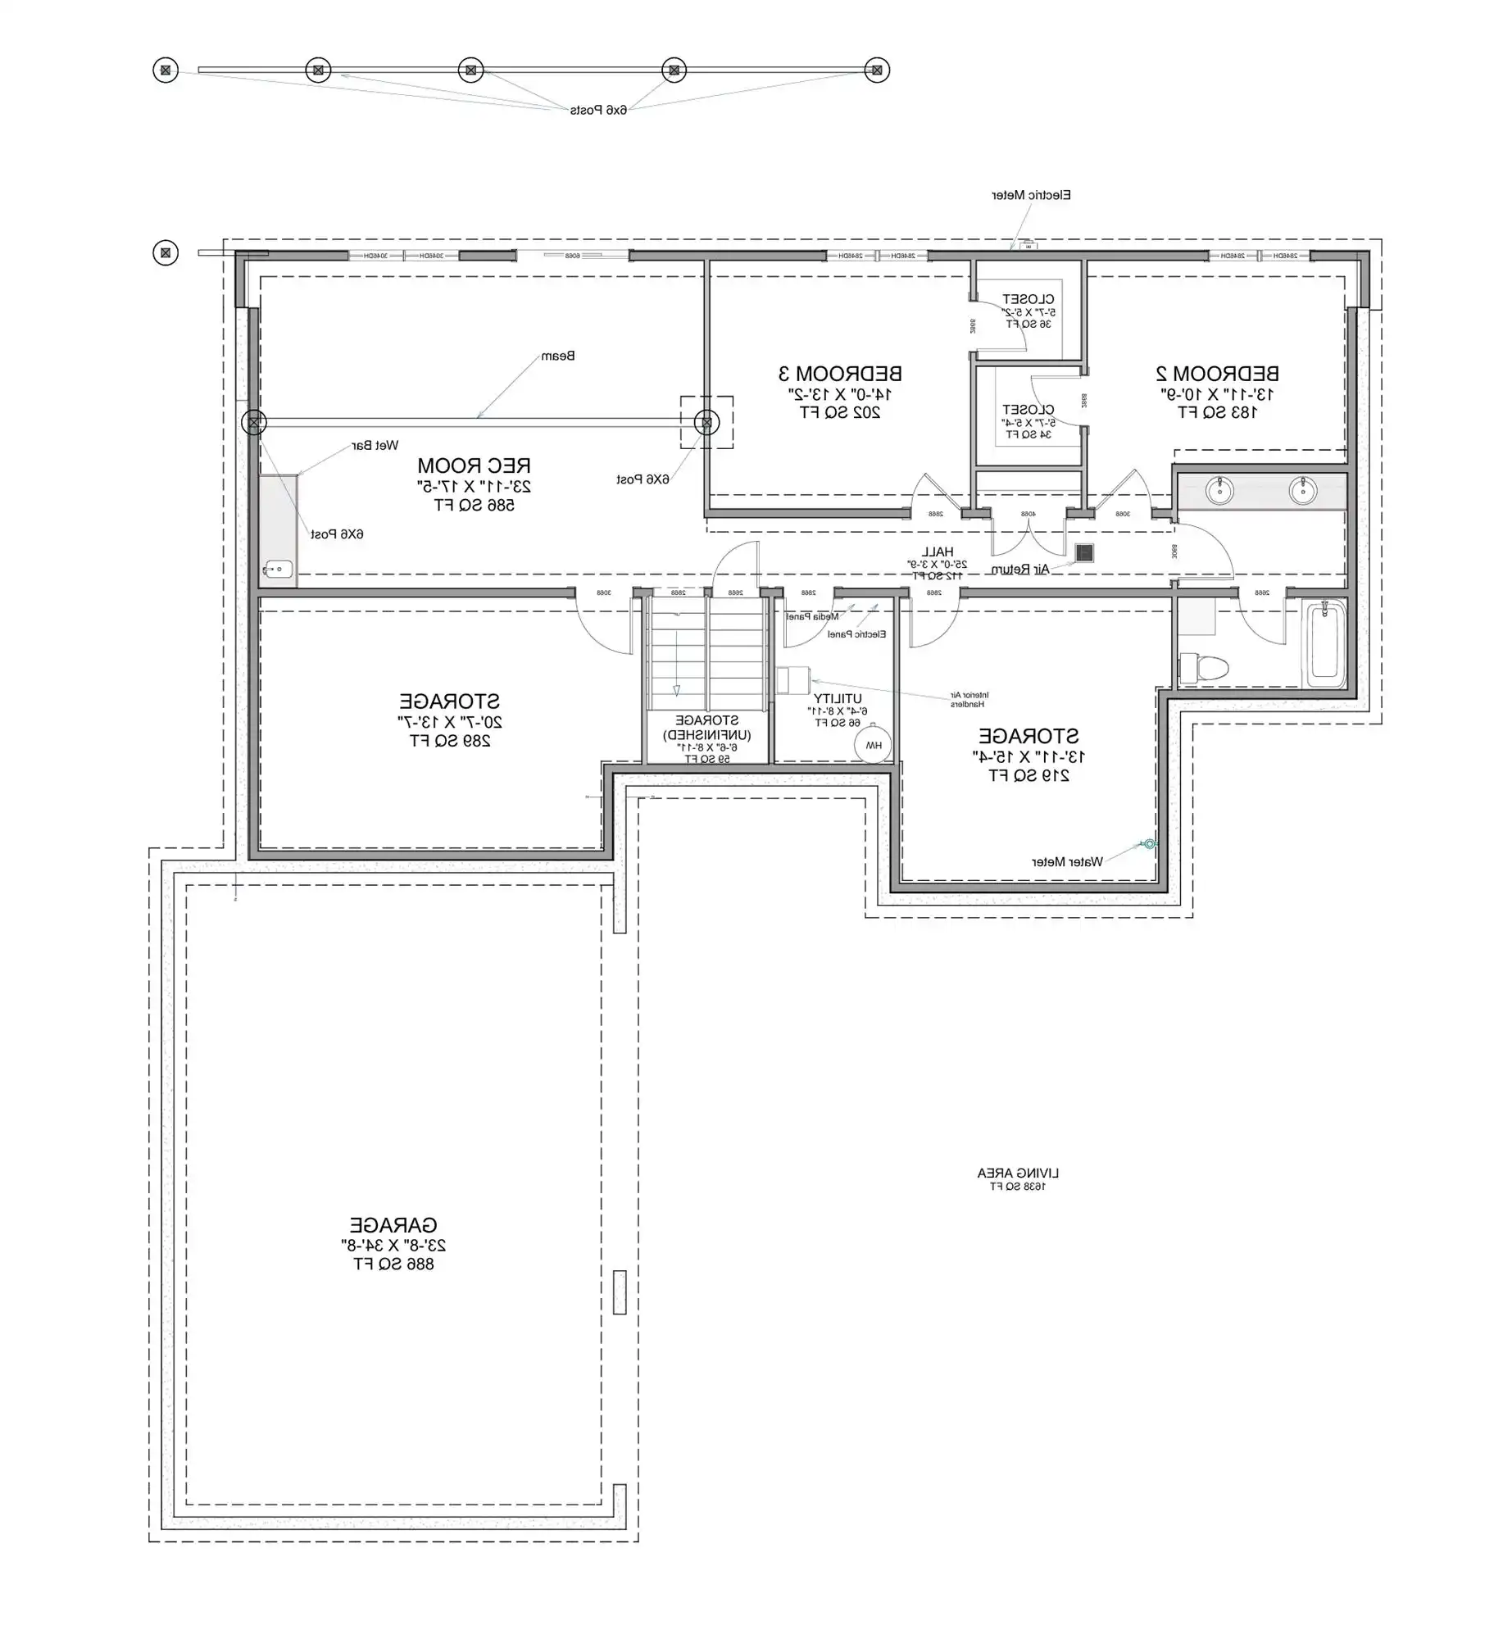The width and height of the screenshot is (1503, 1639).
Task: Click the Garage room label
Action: coord(393,1225)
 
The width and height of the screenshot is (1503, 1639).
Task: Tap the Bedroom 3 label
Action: coord(840,374)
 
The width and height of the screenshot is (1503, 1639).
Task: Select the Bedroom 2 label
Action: coord(1217,374)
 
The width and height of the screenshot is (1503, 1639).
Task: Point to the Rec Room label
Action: coord(474,465)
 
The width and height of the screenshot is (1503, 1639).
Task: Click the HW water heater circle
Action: coord(874,745)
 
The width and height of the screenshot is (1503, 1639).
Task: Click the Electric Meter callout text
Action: coord(1031,195)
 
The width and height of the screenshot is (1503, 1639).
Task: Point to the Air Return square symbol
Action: coord(1084,553)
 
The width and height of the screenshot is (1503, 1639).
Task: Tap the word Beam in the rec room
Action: coord(558,356)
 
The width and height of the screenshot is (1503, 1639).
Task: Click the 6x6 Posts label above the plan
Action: coord(598,110)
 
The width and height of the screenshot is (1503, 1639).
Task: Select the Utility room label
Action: coord(838,699)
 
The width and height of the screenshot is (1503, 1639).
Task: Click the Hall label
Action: coord(937,552)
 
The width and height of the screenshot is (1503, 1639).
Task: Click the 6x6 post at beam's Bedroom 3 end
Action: coord(706,423)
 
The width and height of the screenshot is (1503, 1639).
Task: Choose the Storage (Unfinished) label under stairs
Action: coord(707,728)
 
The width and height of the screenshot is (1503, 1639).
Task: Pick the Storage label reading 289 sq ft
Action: coord(450,702)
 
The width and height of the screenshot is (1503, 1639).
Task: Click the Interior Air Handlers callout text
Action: coord(969,699)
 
